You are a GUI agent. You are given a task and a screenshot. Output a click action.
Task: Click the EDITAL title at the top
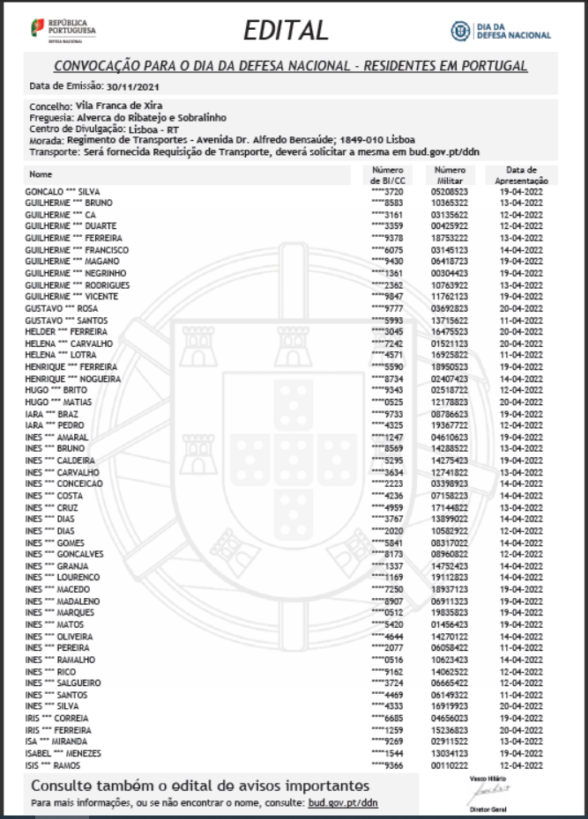point(285,31)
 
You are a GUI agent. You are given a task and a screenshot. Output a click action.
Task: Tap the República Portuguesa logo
point(63,29)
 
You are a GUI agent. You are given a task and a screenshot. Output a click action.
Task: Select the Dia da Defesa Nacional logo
point(501,31)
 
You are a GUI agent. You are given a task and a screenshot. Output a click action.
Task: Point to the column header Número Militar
point(450,174)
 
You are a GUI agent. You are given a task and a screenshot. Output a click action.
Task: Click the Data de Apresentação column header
point(528,174)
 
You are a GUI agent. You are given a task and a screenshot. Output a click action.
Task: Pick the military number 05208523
point(450,191)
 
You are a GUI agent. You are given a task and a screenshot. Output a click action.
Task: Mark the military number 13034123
point(450,753)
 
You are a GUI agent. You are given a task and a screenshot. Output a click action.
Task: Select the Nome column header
point(41,173)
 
